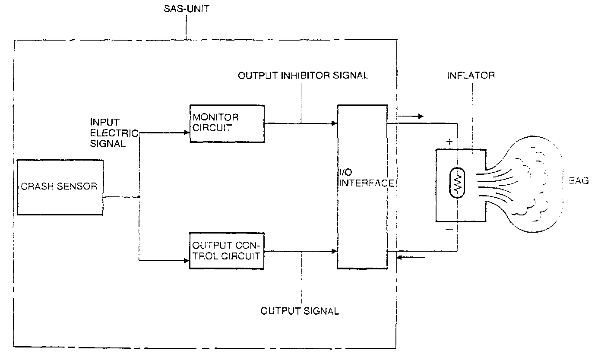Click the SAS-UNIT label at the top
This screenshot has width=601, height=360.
(x=187, y=9)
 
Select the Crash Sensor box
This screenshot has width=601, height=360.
(x=60, y=187)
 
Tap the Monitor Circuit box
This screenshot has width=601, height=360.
(x=227, y=123)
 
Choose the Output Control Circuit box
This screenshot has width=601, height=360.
(x=227, y=251)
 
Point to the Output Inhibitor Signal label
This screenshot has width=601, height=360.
(x=303, y=76)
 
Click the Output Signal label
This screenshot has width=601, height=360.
(x=300, y=311)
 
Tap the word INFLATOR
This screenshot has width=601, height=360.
(x=471, y=76)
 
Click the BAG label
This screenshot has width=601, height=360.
(x=578, y=181)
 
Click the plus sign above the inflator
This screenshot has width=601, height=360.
(x=449, y=142)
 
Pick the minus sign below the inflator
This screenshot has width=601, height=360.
(x=449, y=230)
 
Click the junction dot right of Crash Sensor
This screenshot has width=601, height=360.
(x=139, y=197)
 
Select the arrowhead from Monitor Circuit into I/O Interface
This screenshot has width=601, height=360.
(x=334, y=123)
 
